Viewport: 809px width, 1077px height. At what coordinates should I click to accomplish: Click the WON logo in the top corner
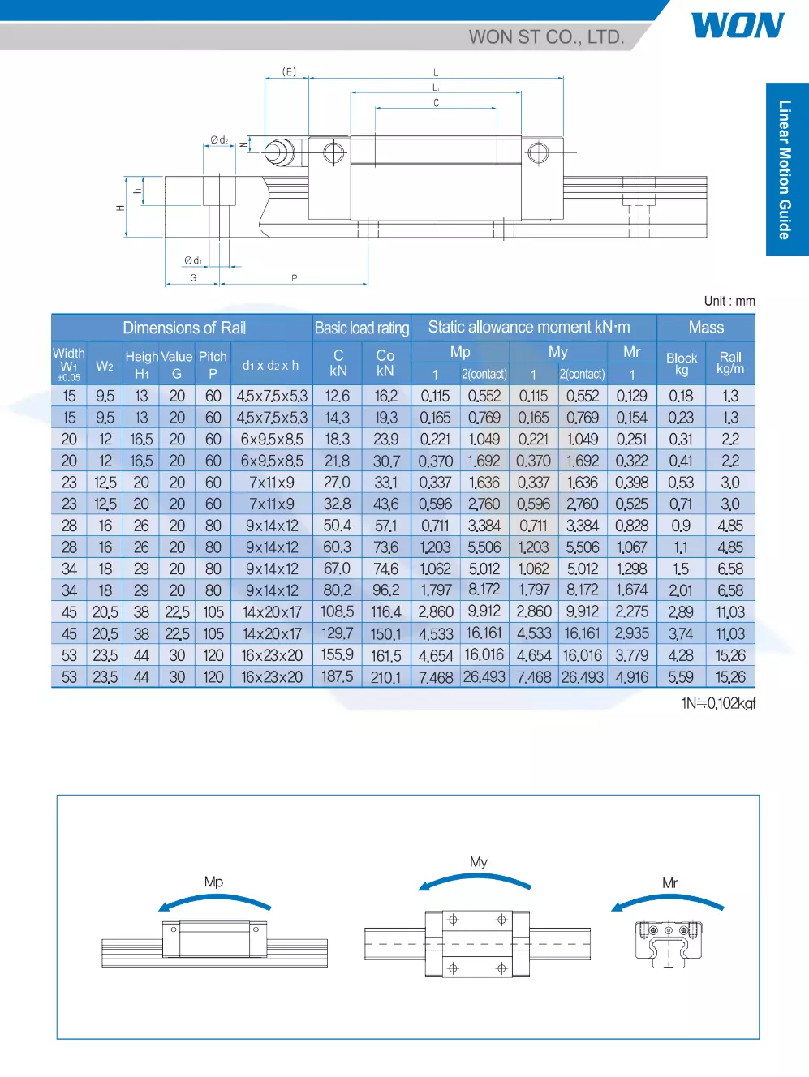click(737, 25)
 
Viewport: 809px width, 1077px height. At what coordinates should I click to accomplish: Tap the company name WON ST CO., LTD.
click(546, 37)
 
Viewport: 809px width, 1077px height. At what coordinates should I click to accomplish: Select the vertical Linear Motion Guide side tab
click(785, 169)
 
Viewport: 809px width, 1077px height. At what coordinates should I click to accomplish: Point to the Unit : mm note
click(729, 301)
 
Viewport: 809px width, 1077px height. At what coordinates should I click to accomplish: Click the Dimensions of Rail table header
click(183, 328)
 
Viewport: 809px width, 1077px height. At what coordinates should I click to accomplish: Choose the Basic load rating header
click(362, 328)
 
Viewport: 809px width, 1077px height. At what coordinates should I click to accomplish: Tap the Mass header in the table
click(706, 328)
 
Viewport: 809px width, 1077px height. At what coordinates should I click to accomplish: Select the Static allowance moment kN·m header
click(528, 328)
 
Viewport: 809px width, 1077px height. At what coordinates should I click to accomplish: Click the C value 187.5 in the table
click(338, 676)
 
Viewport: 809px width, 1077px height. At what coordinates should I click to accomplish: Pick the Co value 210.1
click(385, 676)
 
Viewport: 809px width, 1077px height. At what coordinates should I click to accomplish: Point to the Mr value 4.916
click(631, 676)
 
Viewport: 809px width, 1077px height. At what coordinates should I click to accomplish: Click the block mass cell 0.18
click(681, 396)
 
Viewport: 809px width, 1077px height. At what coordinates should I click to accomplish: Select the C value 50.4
click(338, 526)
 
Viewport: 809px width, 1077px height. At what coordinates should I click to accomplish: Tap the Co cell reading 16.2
click(385, 396)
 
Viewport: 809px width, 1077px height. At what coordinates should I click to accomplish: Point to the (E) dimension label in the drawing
click(289, 72)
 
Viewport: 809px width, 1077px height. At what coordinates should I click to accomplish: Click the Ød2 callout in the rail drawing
click(219, 140)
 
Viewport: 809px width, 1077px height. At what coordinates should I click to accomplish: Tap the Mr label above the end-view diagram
click(669, 883)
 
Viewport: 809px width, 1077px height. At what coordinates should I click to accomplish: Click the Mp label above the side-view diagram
click(213, 882)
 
